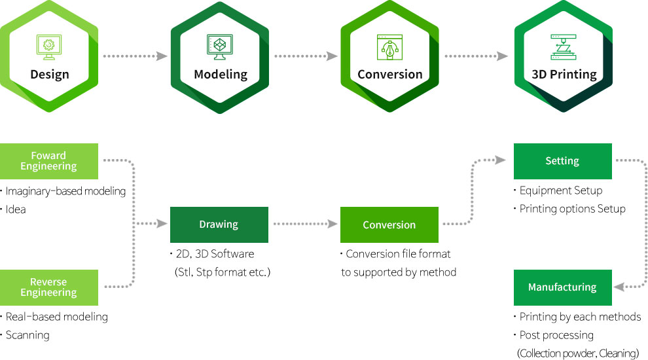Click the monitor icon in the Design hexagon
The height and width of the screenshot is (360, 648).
49,47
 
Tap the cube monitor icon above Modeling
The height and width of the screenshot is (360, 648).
219,46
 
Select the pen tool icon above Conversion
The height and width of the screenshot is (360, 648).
389,47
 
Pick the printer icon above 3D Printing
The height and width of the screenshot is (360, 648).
564,47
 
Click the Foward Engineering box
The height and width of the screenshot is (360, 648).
49,161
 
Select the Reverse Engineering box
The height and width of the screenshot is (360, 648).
49,287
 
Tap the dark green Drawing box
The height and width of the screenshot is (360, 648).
219,225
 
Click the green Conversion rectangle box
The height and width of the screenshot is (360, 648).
389,225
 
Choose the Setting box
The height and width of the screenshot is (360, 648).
562,161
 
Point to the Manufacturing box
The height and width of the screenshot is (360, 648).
562,287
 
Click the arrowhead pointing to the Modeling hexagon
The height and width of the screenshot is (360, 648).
162,56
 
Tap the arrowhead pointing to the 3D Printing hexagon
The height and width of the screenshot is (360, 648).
502,56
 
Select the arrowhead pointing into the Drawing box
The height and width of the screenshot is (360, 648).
162,224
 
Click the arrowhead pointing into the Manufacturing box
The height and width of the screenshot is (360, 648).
619,287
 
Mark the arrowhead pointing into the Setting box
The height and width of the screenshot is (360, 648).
501,160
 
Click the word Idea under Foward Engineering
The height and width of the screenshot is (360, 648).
16,209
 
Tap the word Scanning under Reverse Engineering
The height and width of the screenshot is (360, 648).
27,335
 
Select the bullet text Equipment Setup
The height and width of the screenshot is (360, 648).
561,190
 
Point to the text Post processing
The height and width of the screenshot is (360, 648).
556,335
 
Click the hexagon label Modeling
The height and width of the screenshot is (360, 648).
221,75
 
